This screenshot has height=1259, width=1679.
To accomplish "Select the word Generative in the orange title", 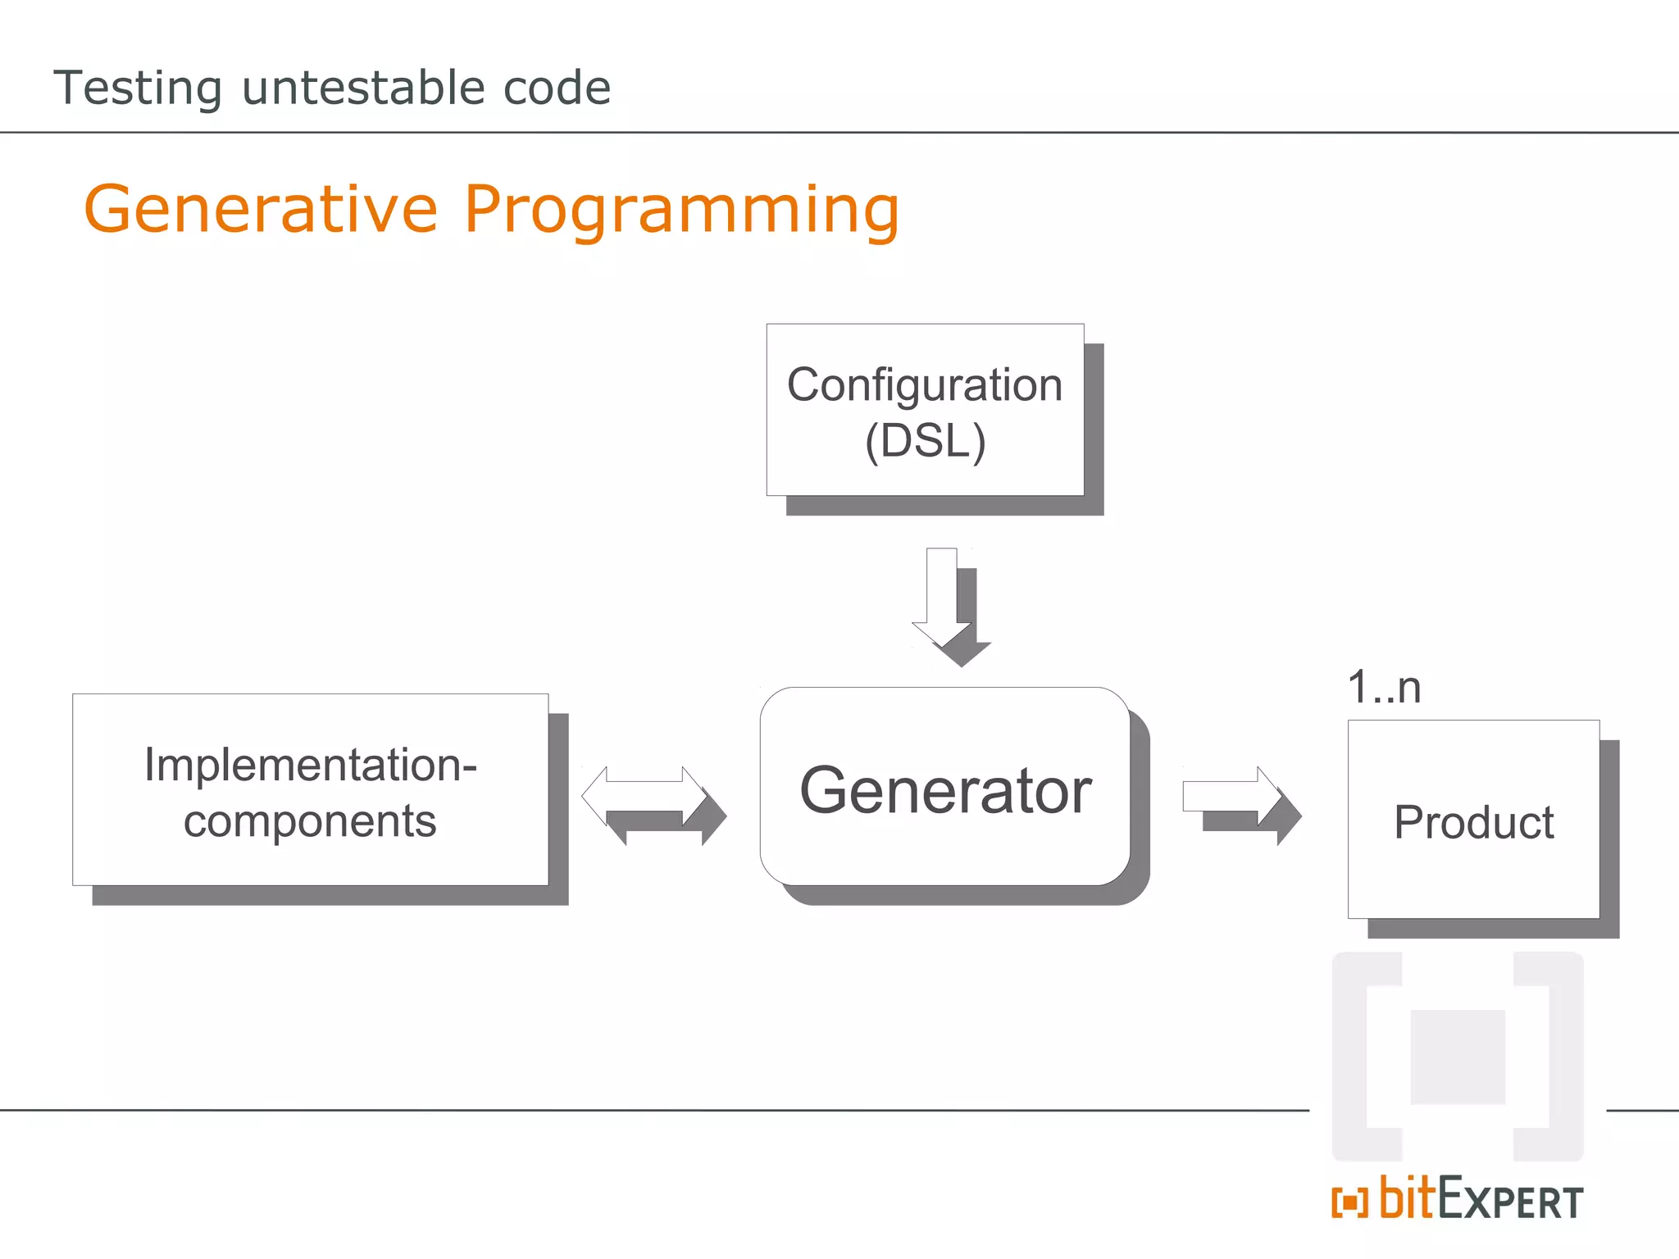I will pos(261,209).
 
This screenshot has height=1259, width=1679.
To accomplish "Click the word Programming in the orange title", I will pos(681,211).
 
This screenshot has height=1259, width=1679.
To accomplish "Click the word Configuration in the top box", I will pos(924,384).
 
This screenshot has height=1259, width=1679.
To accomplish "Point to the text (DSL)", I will pos(925,441).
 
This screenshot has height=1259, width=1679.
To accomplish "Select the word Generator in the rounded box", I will pos(945,790).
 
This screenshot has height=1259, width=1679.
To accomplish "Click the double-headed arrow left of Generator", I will pos(644,796).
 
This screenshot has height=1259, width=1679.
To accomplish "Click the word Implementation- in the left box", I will pos(310,765).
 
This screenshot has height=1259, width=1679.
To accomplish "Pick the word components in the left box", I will pos(310,821).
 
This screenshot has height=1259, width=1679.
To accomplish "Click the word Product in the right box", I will pos(1473,822).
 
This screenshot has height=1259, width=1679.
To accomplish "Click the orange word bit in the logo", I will pos(1407,1198).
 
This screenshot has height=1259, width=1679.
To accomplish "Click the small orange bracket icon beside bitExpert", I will pos(1349,1202).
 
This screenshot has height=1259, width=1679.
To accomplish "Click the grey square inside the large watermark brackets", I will pos(1457,1057).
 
